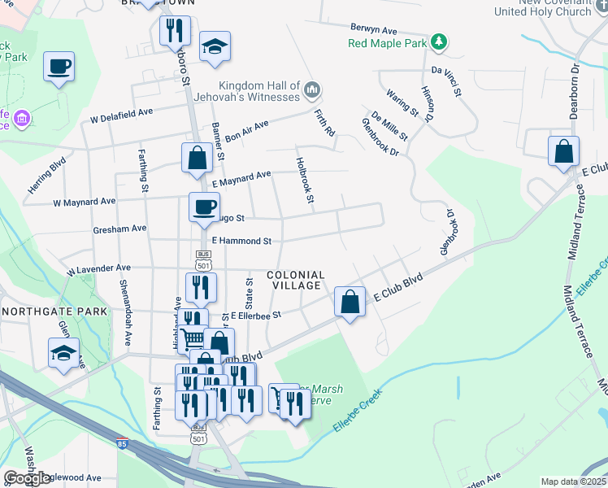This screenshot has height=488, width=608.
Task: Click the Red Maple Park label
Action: [388, 42]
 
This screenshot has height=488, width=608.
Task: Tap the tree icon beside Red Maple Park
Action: [439, 41]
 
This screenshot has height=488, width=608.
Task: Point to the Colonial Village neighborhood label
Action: [297, 281]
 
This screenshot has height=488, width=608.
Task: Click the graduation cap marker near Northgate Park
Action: [63, 354]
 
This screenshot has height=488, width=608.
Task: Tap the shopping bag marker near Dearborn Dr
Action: [563, 151]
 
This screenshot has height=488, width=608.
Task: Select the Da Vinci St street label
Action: [446, 81]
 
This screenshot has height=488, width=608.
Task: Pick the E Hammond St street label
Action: [241, 241]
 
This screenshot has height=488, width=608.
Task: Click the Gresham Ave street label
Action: [119, 229]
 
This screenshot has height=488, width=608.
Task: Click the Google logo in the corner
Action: [27, 478]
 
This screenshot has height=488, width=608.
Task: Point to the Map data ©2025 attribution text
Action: [574, 481]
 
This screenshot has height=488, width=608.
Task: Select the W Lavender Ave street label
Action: [98, 268]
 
